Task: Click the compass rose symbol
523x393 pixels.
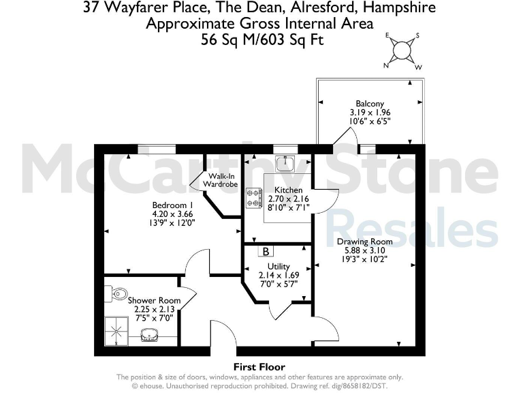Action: click(402, 50)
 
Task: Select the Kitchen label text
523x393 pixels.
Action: click(288, 190)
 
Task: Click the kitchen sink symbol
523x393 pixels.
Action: click(285, 163)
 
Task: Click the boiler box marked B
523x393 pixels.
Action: click(264, 251)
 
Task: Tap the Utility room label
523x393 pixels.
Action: click(279, 266)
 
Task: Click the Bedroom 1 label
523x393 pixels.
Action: click(173, 205)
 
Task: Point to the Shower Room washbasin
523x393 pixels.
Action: click(150, 335)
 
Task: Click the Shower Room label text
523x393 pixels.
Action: click(155, 300)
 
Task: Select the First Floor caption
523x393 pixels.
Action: click(259, 367)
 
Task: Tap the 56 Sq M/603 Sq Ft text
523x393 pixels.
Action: click(261, 40)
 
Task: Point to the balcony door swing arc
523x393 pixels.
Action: click(347, 136)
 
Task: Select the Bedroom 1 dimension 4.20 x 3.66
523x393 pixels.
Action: click(173, 214)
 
